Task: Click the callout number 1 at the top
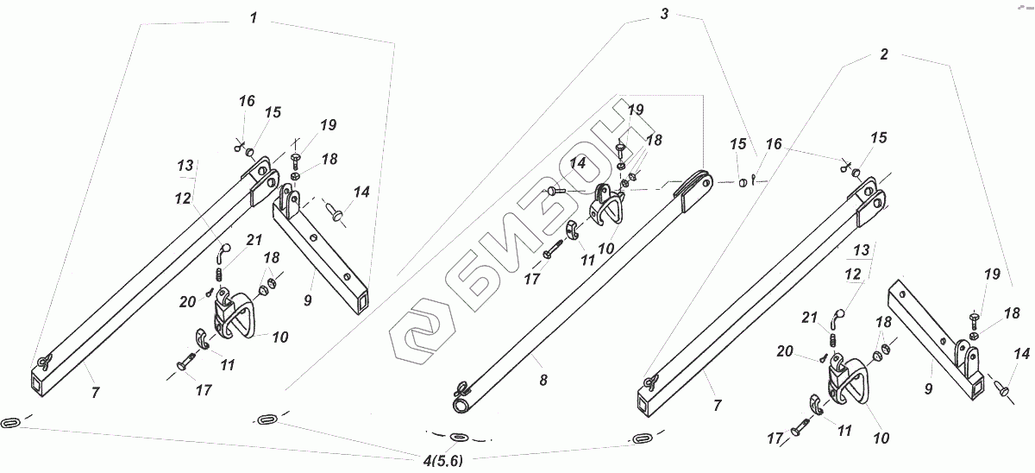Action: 253,18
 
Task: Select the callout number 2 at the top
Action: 883,54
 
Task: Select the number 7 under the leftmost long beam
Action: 95,393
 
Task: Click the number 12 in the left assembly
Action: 182,198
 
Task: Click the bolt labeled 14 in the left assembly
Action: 336,208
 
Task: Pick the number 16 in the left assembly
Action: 247,101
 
